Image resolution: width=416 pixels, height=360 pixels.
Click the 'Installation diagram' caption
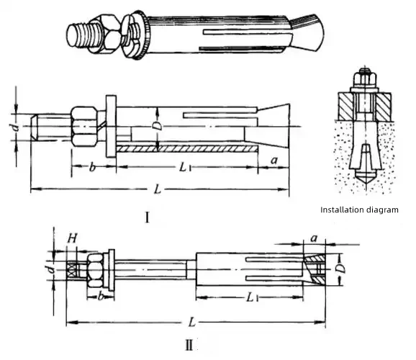tap(359, 210)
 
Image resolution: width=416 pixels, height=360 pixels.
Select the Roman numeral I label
tap(148, 217)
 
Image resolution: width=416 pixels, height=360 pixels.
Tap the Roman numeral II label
tap(189, 345)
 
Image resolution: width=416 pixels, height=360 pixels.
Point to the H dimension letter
tap(72, 238)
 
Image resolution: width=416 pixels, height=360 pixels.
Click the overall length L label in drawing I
tap(158, 189)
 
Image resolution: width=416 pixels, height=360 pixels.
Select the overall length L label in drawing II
tap(192, 322)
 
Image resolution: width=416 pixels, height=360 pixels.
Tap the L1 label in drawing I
tap(185, 167)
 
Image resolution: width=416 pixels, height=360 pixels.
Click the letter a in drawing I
tap(274, 161)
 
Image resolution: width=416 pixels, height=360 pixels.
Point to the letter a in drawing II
tap(314, 238)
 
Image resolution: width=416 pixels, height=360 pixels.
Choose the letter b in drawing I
tap(92, 167)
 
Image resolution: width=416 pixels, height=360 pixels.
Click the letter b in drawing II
tap(100, 296)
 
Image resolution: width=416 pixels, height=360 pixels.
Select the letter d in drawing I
tap(17, 127)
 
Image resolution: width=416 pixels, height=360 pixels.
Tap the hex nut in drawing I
tap(84, 127)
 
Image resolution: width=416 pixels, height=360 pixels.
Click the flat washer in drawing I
tap(111, 126)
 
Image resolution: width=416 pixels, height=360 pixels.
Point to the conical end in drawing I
tap(273, 126)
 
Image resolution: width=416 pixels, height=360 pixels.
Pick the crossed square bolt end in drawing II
tap(71, 270)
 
